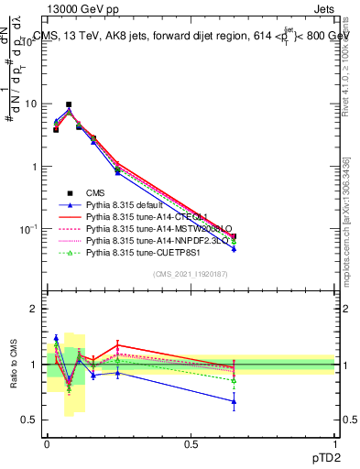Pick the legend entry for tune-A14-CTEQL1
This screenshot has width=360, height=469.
[147, 217]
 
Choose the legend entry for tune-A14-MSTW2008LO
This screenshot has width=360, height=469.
[156, 229]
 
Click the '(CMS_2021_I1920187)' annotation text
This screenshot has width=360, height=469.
[191, 273]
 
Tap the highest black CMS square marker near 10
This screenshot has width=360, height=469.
[69, 104]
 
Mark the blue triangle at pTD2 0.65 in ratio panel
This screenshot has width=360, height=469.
[234, 401]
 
